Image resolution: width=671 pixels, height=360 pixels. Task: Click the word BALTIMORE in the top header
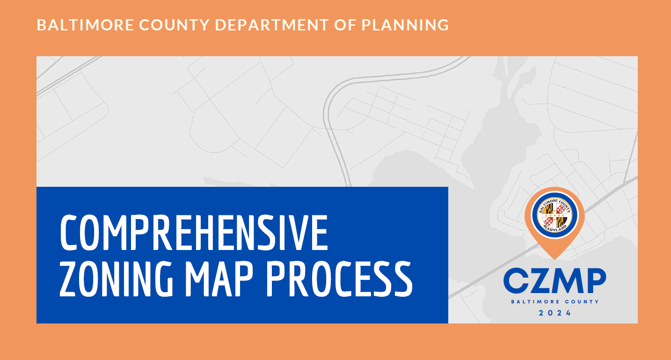click(x=73, y=25)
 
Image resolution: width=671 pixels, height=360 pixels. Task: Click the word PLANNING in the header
click(x=405, y=25)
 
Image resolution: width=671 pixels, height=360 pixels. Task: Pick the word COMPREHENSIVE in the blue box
click(x=194, y=233)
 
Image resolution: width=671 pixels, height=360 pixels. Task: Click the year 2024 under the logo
click(x=555, y=313)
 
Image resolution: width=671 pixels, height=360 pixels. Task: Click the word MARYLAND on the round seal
click(x=555, y=228)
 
